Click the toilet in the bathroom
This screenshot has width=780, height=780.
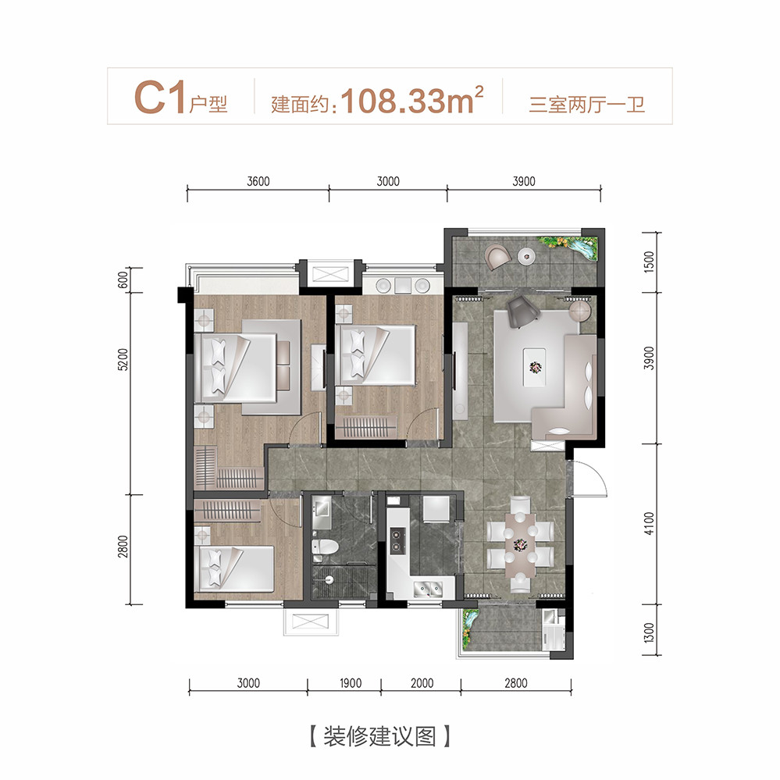coord(325,547)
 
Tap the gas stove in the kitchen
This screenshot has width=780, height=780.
coord(397,541)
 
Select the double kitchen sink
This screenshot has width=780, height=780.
coord(428,589)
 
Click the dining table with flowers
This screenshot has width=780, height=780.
coord(520,545)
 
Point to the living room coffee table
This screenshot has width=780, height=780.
coord(535,368)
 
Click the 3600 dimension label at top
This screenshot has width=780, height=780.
coord(258,182)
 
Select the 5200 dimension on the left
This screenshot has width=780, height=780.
coord(123,359)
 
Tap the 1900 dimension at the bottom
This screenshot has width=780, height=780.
coord(351,683)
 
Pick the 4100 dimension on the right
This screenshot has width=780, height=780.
coord(649,523)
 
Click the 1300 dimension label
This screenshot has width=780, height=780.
coord(649,632)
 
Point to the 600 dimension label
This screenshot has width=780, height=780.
coord(123,280)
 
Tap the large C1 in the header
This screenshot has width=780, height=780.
coord(160,98)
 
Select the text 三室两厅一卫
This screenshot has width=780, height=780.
coord(586,105)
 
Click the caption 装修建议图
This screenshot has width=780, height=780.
coord(379,736)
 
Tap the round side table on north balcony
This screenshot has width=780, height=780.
coord(526,256)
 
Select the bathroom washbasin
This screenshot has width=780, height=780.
coord(322,508)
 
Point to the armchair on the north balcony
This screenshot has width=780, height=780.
coord(498,257)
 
